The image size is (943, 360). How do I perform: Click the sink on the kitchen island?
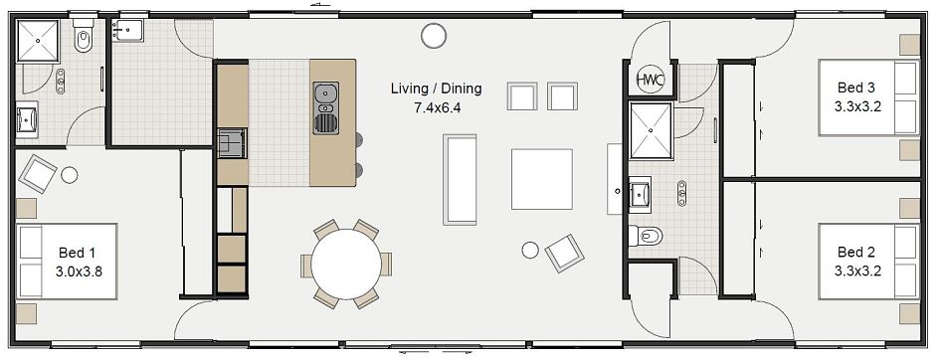[325, 95]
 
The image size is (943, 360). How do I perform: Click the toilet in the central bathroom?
[647, 237]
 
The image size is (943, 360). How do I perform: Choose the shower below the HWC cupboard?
[650, 129]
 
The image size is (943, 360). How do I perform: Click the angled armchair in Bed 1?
[38, 174]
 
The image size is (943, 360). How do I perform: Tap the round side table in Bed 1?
[70, 175]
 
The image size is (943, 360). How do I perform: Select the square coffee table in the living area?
[541, 179]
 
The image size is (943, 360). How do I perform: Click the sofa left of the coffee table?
[461, 180]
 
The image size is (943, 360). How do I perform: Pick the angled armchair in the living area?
[564, 252]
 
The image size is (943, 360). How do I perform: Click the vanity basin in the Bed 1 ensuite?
[26, 120]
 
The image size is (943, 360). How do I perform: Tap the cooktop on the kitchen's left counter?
[232, 143]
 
